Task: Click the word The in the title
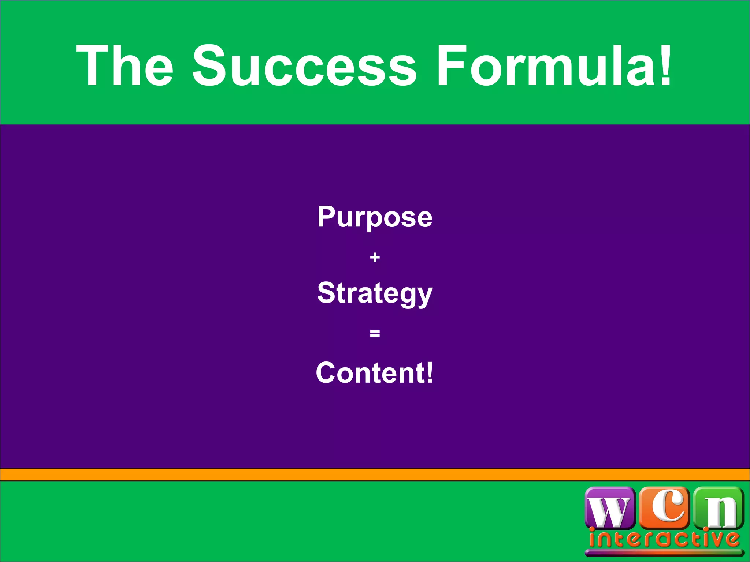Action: click(125, 66)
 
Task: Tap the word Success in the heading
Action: click(304, 66)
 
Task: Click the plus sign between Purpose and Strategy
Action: click(375, 258)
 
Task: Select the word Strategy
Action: click(375, 294)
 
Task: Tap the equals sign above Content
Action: click(375, 333)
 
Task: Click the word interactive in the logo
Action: click(664, 539)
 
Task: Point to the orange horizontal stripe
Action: click(375, 475)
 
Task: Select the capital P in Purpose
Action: click(326, 217)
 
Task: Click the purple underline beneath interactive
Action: click(664, 552)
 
